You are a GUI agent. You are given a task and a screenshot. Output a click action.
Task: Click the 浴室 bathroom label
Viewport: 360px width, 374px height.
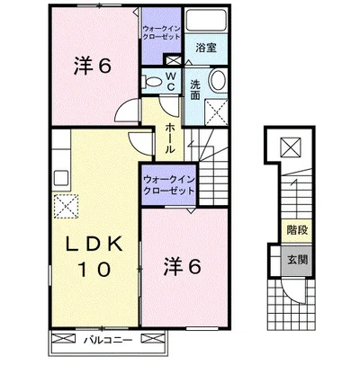206,48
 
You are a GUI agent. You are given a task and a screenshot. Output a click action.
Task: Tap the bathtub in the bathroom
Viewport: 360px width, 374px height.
206,20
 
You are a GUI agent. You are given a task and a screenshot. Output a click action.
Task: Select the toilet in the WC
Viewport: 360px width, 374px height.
153,81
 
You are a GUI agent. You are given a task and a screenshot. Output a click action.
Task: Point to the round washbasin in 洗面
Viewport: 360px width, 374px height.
218,80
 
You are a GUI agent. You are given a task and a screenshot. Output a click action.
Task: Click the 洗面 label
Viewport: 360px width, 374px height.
195,90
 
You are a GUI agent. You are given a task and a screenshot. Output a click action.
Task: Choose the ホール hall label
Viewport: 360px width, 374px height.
169,138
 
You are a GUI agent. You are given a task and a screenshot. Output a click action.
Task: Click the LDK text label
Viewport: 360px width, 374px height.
94,244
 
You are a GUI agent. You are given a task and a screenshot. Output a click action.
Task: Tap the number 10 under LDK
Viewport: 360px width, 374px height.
94,269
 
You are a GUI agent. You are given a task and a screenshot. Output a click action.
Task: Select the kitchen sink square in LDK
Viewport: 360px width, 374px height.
61,179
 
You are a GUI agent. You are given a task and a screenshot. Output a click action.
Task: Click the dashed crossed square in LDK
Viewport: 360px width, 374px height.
66,206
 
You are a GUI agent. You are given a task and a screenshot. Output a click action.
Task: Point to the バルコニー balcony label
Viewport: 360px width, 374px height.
108,341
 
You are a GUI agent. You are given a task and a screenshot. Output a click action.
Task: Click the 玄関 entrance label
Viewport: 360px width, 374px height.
298,260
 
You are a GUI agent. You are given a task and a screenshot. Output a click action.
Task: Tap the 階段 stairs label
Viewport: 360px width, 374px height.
297,230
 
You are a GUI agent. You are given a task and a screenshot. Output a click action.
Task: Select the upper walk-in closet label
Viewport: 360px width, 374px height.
161,32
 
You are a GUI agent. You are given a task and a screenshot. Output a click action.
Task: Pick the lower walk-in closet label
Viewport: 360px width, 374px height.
169,186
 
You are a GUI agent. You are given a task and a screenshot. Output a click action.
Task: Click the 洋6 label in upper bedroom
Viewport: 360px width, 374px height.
93,67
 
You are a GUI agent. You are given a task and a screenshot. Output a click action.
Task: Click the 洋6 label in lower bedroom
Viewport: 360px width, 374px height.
182,267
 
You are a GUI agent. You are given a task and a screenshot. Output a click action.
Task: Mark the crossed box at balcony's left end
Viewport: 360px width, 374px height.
64,338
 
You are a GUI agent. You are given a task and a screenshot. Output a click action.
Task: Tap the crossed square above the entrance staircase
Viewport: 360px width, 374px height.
291,147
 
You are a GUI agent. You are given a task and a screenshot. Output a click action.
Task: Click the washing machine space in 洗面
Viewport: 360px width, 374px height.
216,111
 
